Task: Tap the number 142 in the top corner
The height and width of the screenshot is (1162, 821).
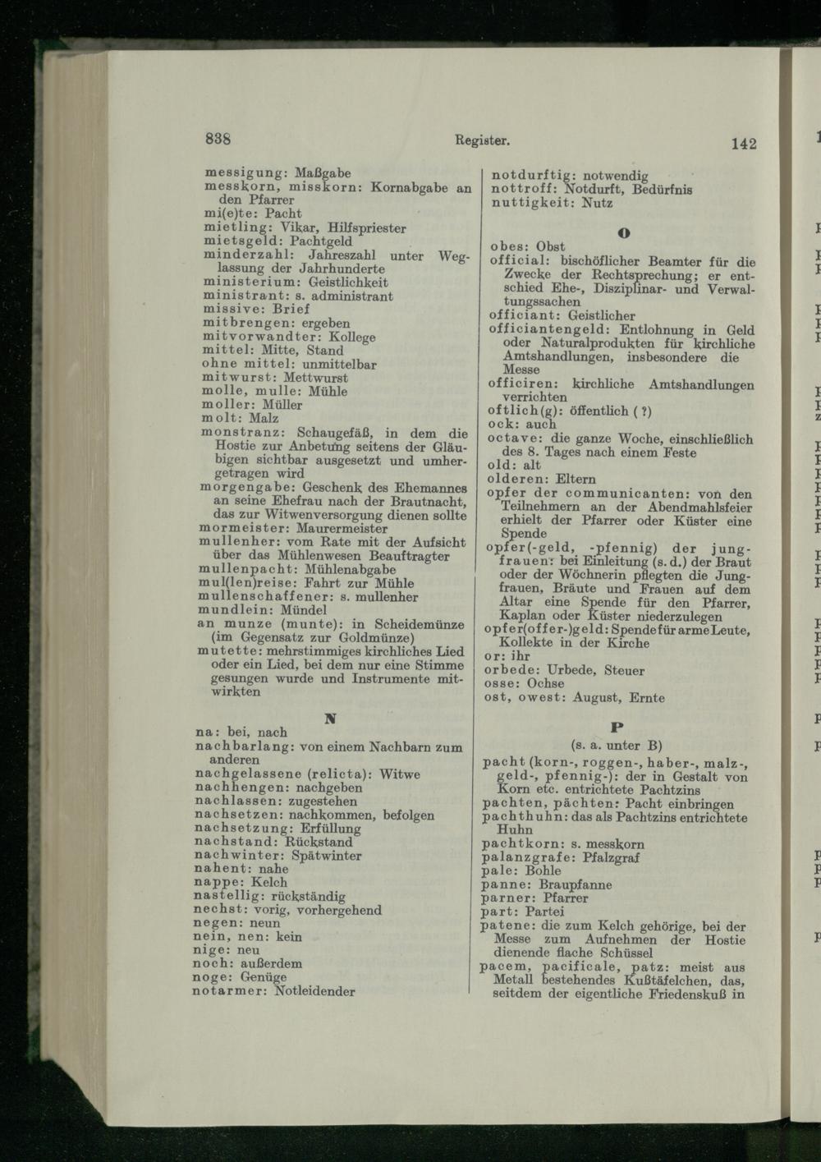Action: [x=742, y=144]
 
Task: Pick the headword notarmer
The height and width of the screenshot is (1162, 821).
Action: [x=229, y=991]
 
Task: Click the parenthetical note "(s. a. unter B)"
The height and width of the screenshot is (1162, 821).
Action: [x=617, y=746]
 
